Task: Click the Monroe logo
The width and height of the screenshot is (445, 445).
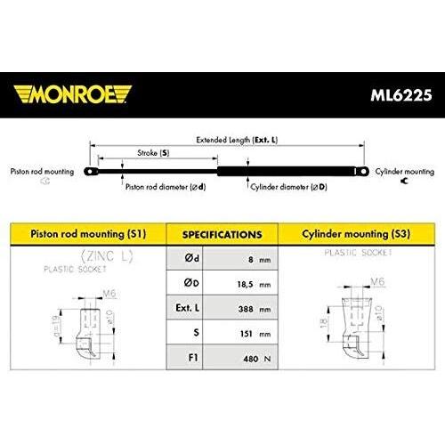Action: [72, 94]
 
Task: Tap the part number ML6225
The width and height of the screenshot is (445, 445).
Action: [401, 95]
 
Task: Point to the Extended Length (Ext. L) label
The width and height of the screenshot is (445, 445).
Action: [237, 140]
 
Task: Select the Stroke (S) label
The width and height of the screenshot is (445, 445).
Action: [153, 153]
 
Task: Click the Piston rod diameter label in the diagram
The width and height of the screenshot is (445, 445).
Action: [166, 187]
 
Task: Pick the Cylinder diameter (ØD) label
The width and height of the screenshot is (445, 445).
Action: [288, 187]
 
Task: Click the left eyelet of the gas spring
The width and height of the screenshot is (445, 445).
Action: [91, 172]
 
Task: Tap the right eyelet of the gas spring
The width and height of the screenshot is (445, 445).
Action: [362, 172]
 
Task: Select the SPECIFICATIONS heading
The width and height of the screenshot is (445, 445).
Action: [222, 235]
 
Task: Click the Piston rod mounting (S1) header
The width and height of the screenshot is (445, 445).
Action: [88, 234]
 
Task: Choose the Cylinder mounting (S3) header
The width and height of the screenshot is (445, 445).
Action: [356, 234]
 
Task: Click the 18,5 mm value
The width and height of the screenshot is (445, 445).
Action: [254, 285]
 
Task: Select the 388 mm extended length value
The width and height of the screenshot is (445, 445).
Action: [255, 309]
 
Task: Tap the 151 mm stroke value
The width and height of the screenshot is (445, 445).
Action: [255, 334]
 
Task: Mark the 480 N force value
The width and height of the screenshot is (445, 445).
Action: [257, 359]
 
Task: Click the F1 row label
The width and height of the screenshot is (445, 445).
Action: [193, 358]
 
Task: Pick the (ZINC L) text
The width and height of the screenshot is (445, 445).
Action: [107, 256]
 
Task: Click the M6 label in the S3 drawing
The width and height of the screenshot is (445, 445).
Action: [377, 281]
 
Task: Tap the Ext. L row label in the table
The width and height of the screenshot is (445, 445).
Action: [188, 308]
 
